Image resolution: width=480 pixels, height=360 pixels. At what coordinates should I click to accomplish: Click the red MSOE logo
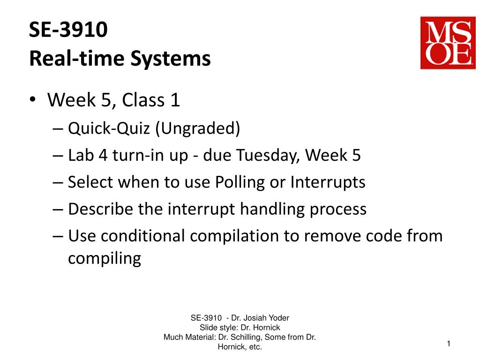click(448, 43)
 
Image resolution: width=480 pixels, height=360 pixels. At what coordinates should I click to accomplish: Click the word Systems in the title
click(171, 59)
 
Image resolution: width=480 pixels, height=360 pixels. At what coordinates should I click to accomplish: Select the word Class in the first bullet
click(143, 100)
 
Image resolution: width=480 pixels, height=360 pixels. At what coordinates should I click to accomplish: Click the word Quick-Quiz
click(109, 128)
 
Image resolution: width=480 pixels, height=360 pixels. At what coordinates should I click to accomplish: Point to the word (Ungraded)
click(197, 128)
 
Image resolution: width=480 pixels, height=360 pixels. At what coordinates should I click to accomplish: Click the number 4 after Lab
click(103, 155)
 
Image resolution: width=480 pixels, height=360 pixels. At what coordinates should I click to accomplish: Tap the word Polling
click(240, 182)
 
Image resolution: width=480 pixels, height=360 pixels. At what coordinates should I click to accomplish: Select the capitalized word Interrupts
click(328, 182)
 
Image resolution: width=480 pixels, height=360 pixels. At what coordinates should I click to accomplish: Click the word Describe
click(101, 209)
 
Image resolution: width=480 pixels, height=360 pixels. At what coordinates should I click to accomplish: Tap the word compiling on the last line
click(105, 259)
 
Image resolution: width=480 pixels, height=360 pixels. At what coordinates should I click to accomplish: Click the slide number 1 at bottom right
click(449, 344)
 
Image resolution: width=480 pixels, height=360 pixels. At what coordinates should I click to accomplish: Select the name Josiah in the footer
click(254, 318)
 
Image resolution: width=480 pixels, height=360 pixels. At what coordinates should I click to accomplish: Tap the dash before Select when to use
click(58, 183)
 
